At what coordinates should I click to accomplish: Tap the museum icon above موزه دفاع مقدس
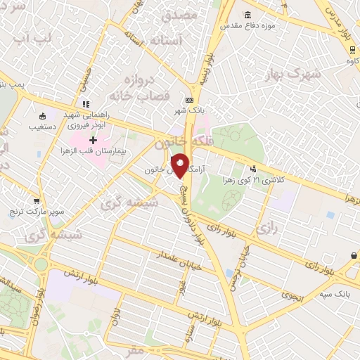247,15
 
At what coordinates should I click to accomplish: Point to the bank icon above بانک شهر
189,101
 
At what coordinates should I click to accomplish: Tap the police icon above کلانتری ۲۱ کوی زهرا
252,168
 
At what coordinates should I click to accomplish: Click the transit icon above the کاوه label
350,49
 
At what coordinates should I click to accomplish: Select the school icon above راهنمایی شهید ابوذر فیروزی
86,105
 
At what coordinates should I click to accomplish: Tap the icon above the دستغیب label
43,117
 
